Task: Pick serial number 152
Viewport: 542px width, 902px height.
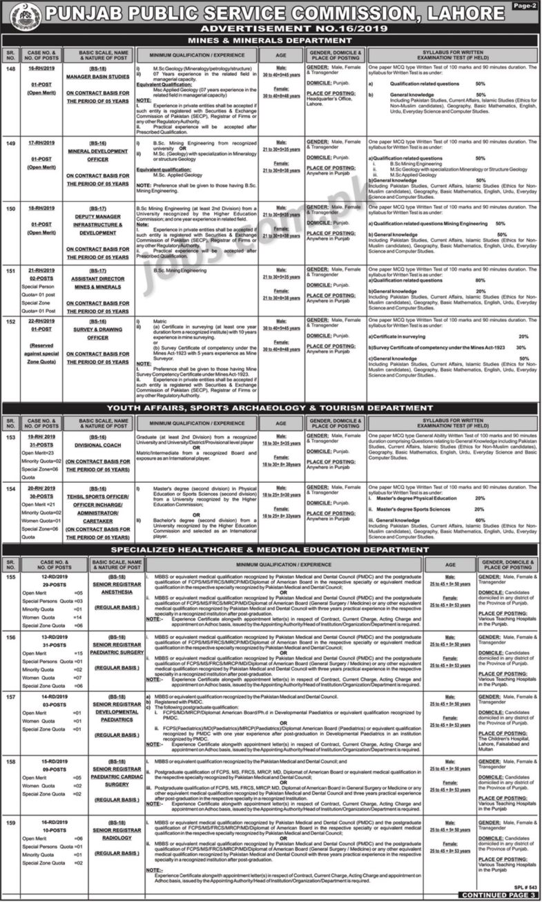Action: coord(10,320)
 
